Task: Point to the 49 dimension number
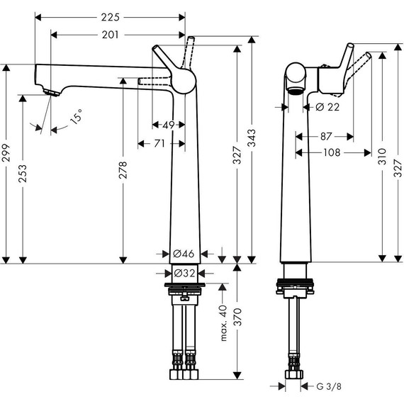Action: (x=168, y=125)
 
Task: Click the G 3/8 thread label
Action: (x=327, y=386)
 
